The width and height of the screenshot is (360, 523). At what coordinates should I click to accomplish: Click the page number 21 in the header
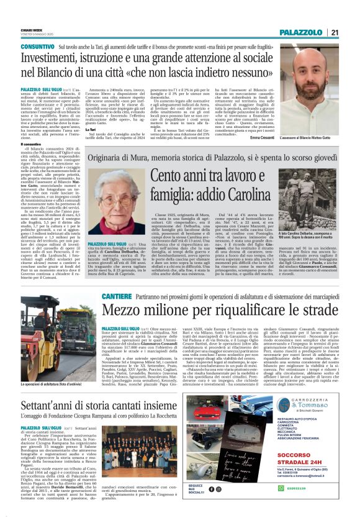(x=335, y=32)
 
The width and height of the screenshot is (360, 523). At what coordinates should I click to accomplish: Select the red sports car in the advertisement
(x=229, y=432)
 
